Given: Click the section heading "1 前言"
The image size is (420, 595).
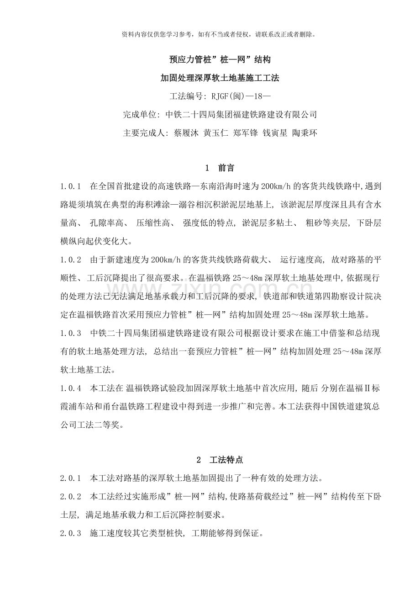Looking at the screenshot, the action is pyautogui.click(x=220, y=168).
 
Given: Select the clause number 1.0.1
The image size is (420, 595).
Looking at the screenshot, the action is pyautogui.click(x=70, y=186).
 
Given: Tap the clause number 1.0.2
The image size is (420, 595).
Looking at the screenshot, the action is pyautogui.click(x=70, y=260).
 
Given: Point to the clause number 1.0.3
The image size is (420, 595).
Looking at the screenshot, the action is pyautogui.click(x=70, y=333).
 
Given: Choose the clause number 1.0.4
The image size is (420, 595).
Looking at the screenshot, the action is pyautogui.click(x=70, y=389).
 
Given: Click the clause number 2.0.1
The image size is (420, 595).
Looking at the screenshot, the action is pyautogui.click(x=70, y=479).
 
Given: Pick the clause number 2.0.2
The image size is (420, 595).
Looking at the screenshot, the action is pyautogui.click(x=70, y=497).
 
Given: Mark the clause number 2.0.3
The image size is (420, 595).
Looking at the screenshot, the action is pyautogui.click(x=70, y=533).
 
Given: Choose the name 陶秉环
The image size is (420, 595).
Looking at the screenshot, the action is pyautogui.click(x=304, y=133).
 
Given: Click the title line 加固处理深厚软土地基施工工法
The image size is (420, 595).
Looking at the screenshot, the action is pyautogui.click(x=220, y=78).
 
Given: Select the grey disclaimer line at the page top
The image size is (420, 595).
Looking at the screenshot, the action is pyautogui.click(x=220, y=34).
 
